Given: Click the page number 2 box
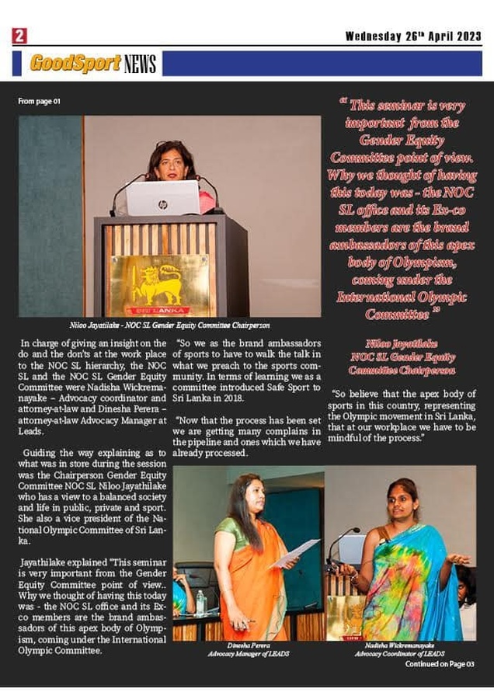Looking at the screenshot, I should (19, 36).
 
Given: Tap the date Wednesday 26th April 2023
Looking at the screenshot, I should (413, 36).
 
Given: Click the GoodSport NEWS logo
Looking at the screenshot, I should (93, 63).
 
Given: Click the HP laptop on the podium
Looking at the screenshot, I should (163, 197).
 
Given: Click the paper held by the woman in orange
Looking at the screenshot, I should (294, 552).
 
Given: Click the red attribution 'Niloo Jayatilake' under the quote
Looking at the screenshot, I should (402, 342).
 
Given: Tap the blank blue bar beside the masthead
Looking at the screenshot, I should (322, 63).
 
